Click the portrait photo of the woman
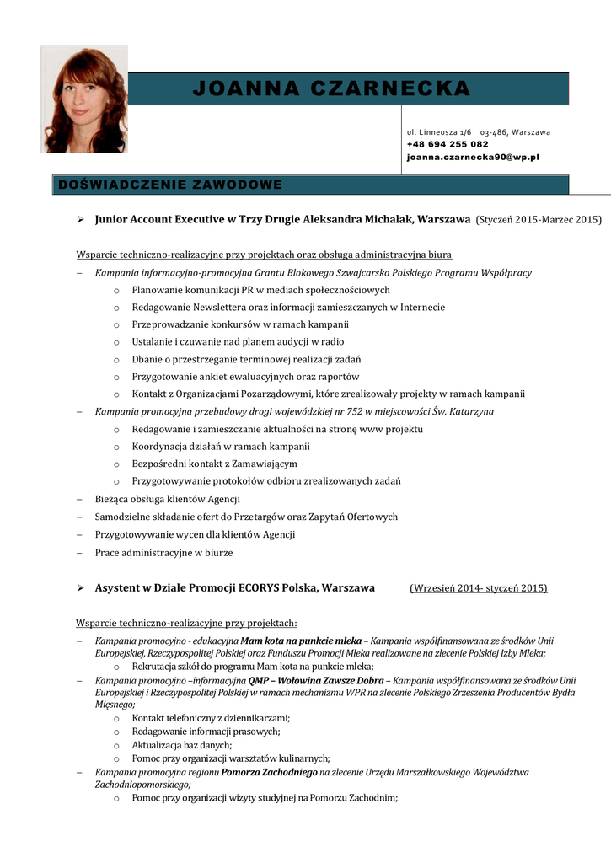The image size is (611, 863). (x=84, y=99)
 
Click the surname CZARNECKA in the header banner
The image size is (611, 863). (x=390, y=88)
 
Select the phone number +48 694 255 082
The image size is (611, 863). (x=447, y=144)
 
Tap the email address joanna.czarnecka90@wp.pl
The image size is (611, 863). (x=472, y=157)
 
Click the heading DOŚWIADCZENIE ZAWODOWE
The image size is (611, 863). (x=169, y=185)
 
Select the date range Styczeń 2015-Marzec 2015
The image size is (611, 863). (x=539, y=219)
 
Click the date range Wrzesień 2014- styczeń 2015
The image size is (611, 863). (x=478, y=587)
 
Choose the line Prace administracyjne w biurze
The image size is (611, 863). (x=163, y=553)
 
